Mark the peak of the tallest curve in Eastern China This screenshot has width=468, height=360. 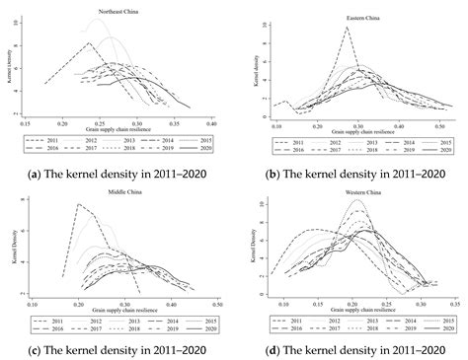347,29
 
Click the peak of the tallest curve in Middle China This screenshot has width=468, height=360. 77,205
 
